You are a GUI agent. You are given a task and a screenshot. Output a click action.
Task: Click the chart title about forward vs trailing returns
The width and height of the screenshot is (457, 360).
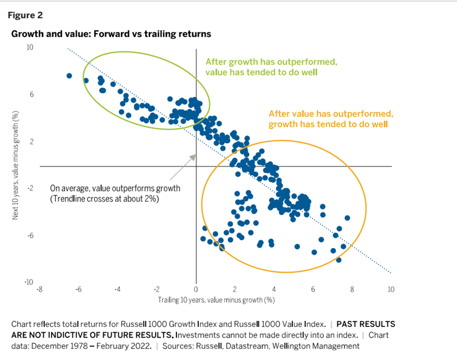click(111, 34)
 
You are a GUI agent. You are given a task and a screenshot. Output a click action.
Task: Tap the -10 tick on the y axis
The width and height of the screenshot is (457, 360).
click(29, 282)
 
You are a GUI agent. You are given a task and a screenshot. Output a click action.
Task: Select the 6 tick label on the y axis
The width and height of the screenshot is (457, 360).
click(31, 95)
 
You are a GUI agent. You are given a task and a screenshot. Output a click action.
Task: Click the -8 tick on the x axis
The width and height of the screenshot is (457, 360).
click(39, 289)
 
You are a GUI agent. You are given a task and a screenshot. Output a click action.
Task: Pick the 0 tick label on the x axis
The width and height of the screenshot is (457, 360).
click(196, 289)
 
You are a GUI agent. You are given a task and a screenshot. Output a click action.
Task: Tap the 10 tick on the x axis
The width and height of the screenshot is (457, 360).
click(391, 289)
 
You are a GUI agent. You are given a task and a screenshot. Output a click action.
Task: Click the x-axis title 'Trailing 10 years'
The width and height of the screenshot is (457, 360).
click(216, 300)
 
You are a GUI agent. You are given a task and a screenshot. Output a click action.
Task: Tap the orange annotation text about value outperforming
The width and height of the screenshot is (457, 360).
click(331, 118)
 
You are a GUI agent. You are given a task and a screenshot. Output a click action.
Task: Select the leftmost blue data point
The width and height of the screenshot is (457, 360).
click(69, 76)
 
